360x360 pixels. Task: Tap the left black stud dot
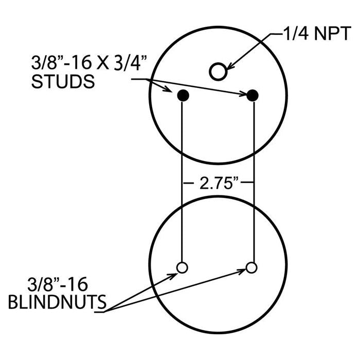[183, 95]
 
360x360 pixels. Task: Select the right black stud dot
[253, 95]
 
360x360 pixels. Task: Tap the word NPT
[332, 33]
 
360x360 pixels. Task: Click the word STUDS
[63, 81]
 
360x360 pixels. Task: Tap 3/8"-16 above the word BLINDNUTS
[58, 284]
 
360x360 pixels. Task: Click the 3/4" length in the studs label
[131, 63]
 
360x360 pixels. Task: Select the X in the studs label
[103, 63]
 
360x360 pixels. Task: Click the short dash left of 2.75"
[189, 183]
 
